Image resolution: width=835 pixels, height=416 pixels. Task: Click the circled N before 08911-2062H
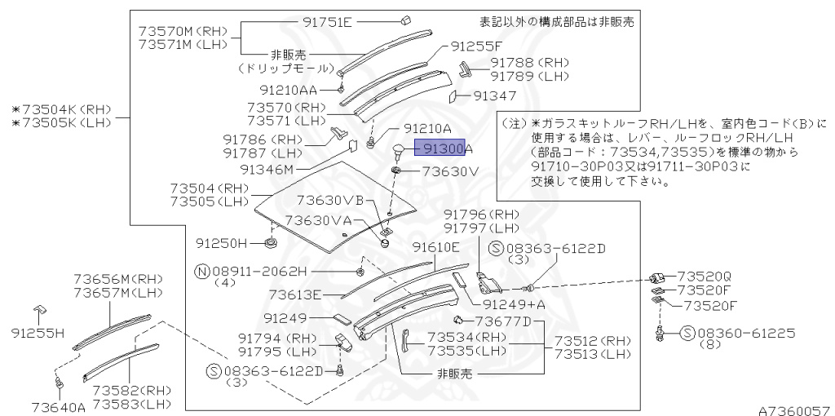(201, 270)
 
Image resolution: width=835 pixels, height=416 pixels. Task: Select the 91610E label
(435, 247)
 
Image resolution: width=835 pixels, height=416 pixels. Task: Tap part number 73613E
(295, 294)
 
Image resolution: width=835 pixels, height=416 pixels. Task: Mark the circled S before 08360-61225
(687, 333)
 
